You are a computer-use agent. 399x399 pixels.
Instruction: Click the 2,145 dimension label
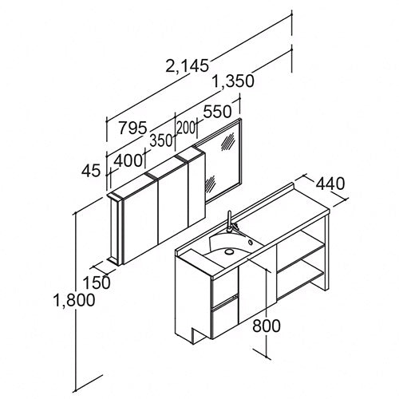(x=187, y=65)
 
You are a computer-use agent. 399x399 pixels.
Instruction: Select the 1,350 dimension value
(x=234, y=81)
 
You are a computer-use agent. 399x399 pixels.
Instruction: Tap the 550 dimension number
(x=217, y=112)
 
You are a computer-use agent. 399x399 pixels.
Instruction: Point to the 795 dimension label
(x=132, y=128)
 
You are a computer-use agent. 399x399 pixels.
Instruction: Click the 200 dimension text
(x=186, y=128)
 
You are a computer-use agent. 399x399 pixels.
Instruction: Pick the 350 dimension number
(x=160, y=140)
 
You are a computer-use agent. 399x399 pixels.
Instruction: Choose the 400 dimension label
(x=128, y=160)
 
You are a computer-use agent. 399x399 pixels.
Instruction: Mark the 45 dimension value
(x=91, y=171)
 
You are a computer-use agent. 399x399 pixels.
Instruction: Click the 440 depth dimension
(x=330, y=184)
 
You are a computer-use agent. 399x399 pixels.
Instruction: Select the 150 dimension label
(x=97, y=282)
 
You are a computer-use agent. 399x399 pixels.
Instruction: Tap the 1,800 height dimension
(x=74, y=299)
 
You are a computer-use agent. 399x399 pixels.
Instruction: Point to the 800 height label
(x=267, y=326)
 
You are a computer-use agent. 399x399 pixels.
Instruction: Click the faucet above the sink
(x=231, y=225)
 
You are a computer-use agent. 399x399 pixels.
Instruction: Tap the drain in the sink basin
(x=228, y=251)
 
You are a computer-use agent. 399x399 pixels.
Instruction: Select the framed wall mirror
(x=223, y=160)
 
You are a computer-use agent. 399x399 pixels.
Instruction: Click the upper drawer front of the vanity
(x=225, y=286)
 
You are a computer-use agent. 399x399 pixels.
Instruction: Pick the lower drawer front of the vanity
(x=225, y=318)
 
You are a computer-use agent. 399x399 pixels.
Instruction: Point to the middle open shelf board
(x=301, y=258)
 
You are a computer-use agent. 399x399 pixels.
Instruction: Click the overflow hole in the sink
(x=251, y=243)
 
